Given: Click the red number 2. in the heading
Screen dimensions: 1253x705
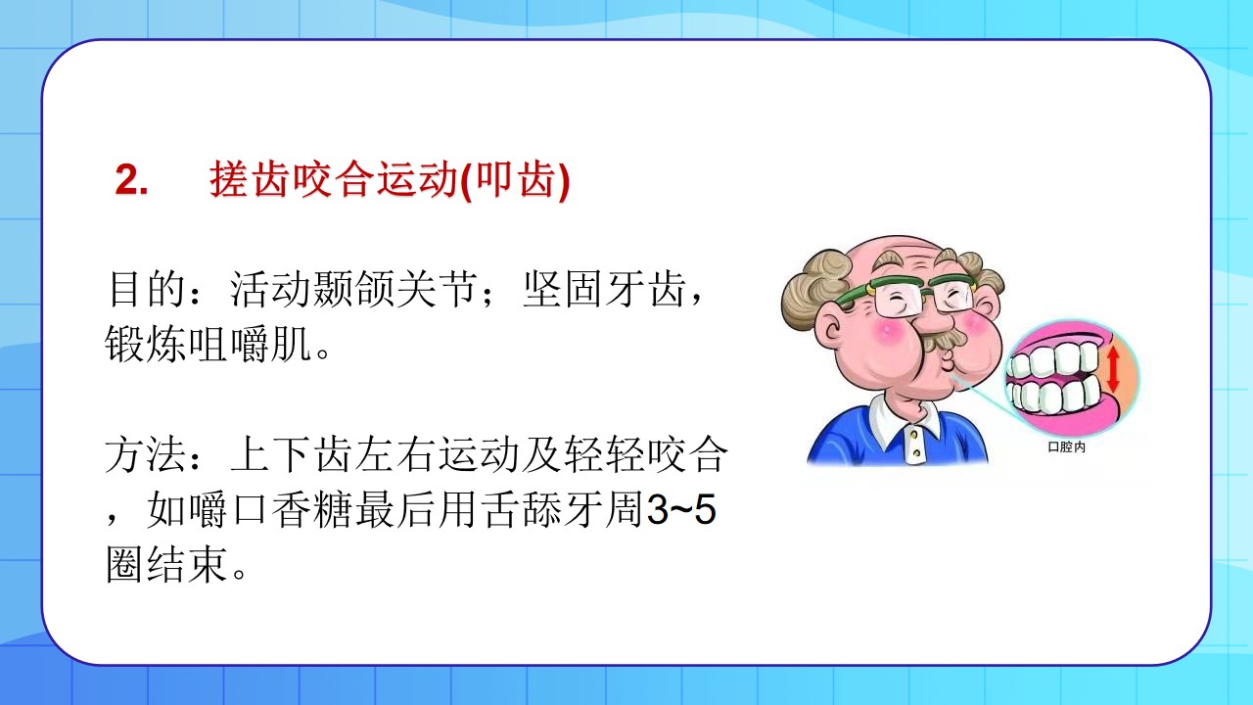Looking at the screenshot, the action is click(x=132, y=180).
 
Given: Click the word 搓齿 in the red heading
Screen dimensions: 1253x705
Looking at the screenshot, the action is click(x=250, y=179).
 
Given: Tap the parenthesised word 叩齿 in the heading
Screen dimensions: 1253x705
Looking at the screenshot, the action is click(x=516, y=179).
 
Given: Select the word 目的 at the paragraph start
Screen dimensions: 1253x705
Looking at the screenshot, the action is click(x=146, y=289).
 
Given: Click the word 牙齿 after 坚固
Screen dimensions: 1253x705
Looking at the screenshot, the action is click(x=645, y=289).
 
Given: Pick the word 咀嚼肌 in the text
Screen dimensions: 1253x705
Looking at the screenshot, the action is click(x=250, y=344).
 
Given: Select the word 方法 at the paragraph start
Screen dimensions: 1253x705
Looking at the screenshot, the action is click(x=146, y=454).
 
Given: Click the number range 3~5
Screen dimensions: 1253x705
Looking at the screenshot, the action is click(x=681, y=510).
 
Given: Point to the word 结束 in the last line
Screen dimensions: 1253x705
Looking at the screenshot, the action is click(x=187, y=565).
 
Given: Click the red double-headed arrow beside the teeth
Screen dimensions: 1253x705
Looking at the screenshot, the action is click(x=1113, y=369).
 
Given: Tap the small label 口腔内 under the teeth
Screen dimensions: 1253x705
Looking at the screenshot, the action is click(x=1067, y=447).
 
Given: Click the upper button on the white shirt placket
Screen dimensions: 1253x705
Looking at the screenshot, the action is click(x=913, y=434).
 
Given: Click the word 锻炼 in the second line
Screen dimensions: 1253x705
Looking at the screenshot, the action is click(x=146, y=344).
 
